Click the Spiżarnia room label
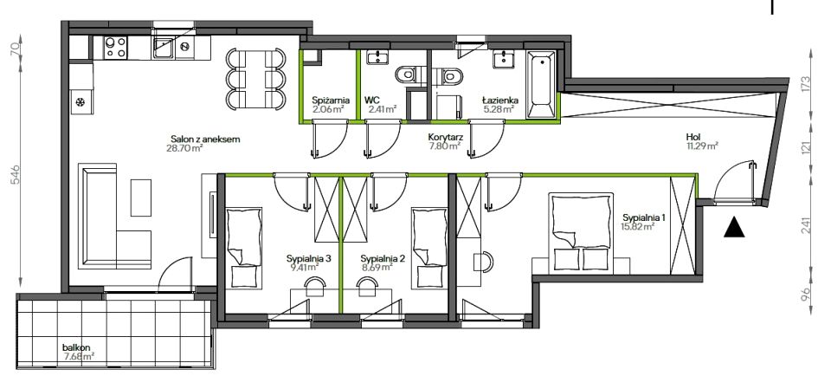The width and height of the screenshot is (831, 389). pyautogui.click(x=331, y=100)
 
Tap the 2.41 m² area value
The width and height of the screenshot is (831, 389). pyautogui.click(x=383, y=110)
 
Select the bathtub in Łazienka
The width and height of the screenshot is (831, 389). pyautogui.click(x=541, y=84)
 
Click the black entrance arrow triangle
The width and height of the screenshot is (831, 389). pyautogui.click(x=734, y=227)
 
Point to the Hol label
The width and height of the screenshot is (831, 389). pyautogui.click(x=692, y=137)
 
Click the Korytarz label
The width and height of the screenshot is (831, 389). pyautogui.click(x=446, y=137)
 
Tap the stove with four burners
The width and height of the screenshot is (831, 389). pyautogui.click(x=115, y=48)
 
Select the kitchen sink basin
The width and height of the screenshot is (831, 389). pyautogui.click(x=162, y=48)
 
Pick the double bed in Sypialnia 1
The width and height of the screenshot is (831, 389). pyautogui.click(x=581, y=230)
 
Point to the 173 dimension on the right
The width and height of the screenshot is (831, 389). pyautogui.click(x=806, y=83)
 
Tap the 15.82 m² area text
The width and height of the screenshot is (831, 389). pyautogui.click(x=638, y=225)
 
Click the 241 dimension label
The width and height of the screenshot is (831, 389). pyautogui.click(x=806, y=225)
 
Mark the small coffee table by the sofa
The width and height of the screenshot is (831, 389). pyautogui.click(x=141, y=198)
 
